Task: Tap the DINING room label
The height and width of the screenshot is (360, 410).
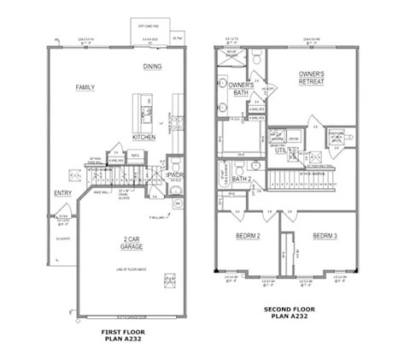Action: pyautogui.click(x=153, y=67)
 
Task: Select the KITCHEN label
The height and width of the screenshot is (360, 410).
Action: pyautogui.click(x=143, y=137)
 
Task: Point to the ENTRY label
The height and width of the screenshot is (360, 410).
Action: pyautogui.click(x=63, y=192)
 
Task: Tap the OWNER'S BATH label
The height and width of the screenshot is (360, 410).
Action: pyautogui.click(x=242, y=88)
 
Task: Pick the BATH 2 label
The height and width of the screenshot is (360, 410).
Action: pyautogui.click(x=242, y=179)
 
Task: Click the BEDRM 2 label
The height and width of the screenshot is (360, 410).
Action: pyautogui.click(x=248, y=235)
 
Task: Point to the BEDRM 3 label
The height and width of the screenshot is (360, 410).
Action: pyautogui.click(x=325, y=235)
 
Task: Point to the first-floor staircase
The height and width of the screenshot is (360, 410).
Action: pyautogui.click(x=111, y=176)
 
